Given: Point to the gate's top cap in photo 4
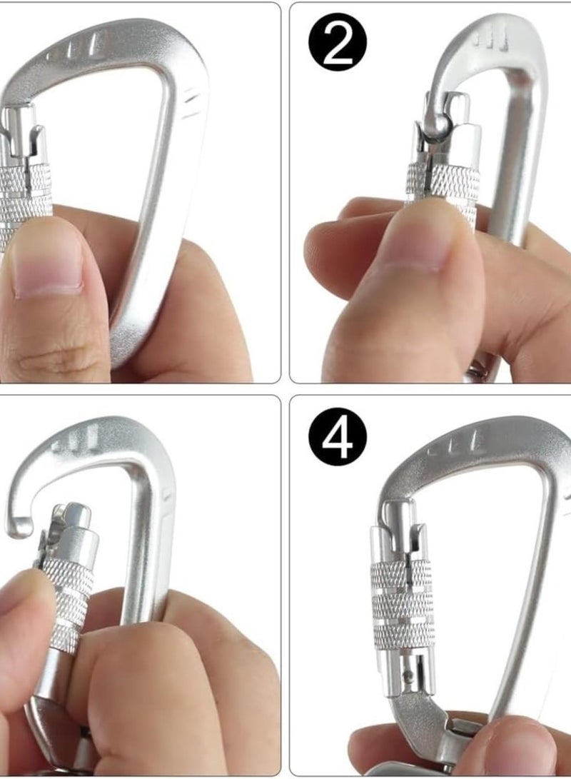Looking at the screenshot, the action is coord(400,513).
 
